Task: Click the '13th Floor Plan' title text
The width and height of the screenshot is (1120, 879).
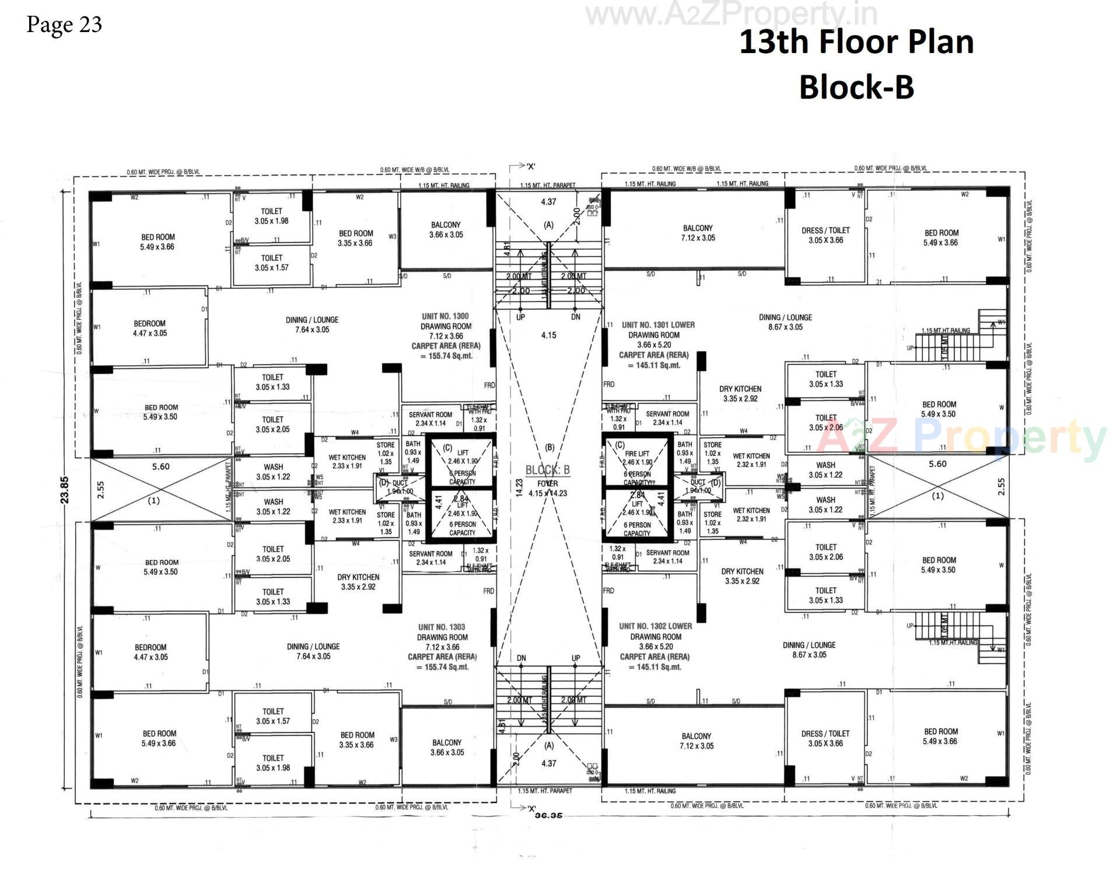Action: click(856, 42)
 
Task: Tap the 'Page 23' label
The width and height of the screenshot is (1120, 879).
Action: click(64, 25)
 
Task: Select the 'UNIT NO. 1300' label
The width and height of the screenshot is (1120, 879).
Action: click(445, 316)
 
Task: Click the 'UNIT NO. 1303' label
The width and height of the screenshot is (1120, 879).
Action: click(441, 627)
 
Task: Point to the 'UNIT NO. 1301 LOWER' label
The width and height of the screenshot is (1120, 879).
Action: click(658, 325)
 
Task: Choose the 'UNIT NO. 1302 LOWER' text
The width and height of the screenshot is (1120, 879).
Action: click(656, 626)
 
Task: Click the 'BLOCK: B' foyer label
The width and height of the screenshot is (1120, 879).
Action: click(547, 470)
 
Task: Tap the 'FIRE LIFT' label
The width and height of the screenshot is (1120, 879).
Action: click(636, 454)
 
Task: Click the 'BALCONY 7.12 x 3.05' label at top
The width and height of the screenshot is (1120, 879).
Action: click(698, 233)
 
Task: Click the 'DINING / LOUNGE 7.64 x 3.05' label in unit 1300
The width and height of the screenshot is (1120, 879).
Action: click(312, 325)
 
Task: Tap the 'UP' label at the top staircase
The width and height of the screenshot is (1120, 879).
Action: click(520, 317)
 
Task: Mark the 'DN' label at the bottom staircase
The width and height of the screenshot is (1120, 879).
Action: click(521, 658)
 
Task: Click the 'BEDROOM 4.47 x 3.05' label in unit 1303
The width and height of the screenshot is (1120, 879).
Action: click(150, 652)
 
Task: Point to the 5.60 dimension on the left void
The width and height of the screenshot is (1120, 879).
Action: click(160, 467)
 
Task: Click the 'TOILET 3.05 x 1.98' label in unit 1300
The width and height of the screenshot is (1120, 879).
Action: click(271, 216)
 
